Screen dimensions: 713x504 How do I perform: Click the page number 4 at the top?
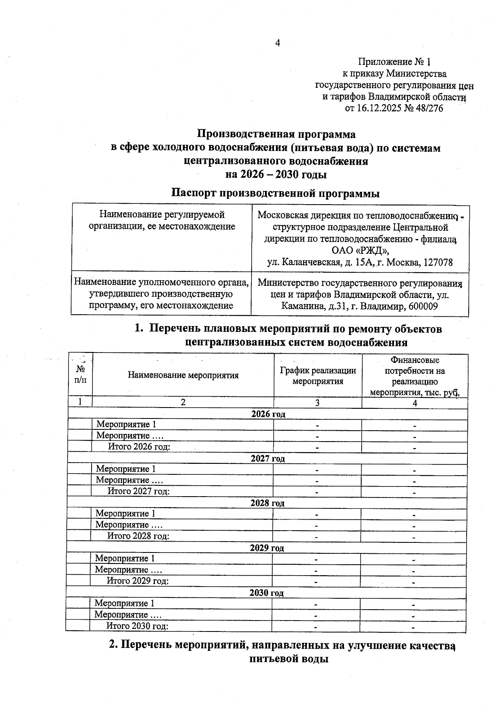click(x=277, y=43)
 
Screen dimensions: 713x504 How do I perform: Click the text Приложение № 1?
click(x=394, y=62)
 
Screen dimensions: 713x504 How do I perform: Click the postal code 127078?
click(x=438, y=263)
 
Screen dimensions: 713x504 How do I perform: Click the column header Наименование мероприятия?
click(x=183, y=375)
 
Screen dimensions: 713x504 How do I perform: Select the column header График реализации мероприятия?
click(x=318, y=376)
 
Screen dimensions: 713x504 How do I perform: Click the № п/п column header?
click(x=80, y=374)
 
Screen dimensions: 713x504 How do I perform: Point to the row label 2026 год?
click(x=268, y=414)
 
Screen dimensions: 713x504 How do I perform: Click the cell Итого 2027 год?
click(x=139, y=491)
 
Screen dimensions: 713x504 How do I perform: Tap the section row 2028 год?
click(x=267, y=503)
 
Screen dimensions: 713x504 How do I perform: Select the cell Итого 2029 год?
click(x=138, y=581)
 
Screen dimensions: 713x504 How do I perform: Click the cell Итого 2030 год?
click(x=137, y=626)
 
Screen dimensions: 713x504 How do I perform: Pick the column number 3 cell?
click(x=318, y=403)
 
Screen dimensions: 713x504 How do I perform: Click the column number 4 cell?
click(x=415, y=403)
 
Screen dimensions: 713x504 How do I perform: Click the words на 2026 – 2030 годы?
click(x=276, y=174)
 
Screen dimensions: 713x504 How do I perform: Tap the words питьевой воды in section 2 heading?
click(x=289, y=658)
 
